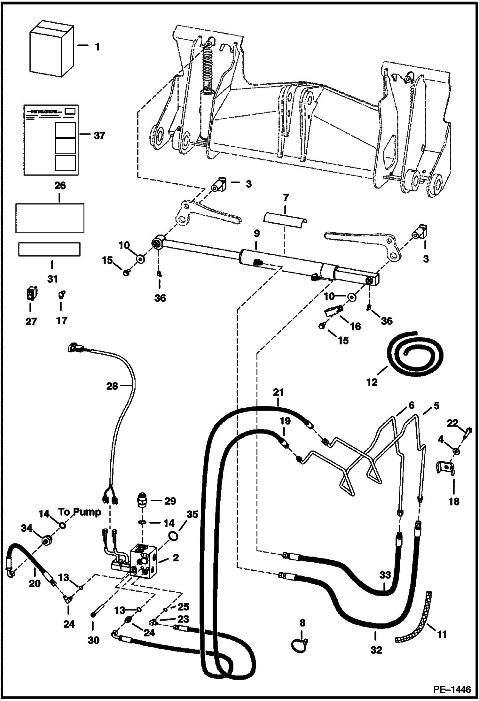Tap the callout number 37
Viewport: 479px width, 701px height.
(x=99, y=136)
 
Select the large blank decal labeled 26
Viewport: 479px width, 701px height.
(x=50, y=218)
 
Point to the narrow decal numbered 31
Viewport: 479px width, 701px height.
(x=49, y=249)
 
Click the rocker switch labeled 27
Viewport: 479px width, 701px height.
(x=31, y=294)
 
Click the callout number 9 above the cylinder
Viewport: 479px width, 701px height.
(x=256, y=234)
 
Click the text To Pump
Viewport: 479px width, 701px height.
(x=80, y=512)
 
